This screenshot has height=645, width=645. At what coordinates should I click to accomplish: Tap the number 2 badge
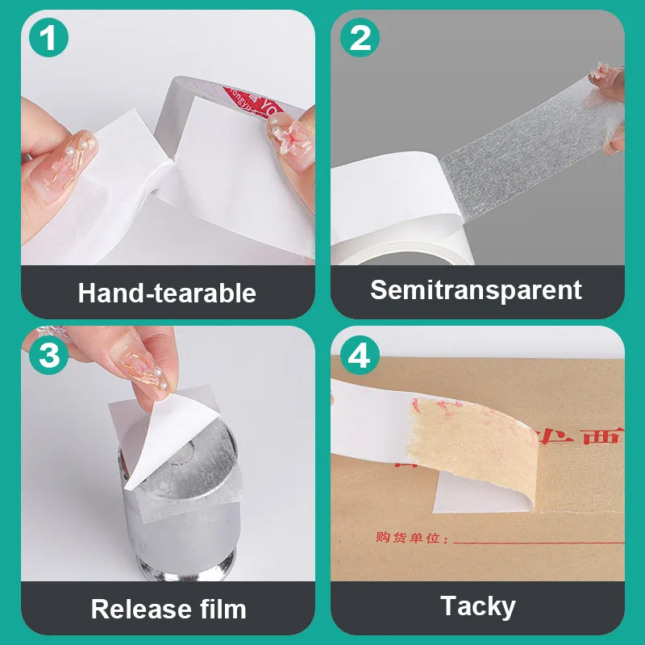tap(359, 38)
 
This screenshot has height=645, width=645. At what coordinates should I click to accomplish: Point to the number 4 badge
tap(359, 354)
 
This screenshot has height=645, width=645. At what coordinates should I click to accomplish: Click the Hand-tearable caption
tap(167, 292)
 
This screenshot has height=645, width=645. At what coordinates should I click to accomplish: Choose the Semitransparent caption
tap(476, 289)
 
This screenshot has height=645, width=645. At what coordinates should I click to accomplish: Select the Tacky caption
tap(477, 605)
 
